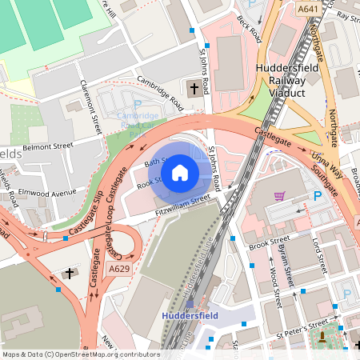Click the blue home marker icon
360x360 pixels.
point(180,172)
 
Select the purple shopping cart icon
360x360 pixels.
point(279,195)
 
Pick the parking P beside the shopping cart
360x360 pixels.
point(317,196)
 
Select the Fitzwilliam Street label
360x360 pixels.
point(182,205)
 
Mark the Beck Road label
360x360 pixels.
point(250,27)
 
